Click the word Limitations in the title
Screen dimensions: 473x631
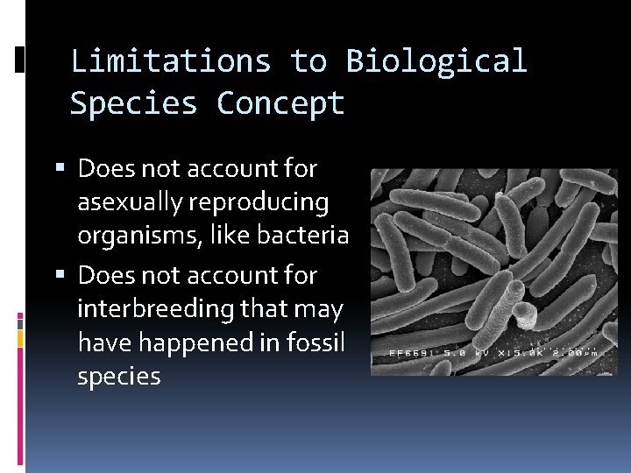pyautogui.click(x=170, y=61)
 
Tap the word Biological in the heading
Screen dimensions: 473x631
pyautogui.click(x=436, y=61)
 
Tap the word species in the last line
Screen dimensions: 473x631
pyautogui.click(x=119, y=377)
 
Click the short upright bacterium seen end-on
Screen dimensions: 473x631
pyautogui.click(x=525, y=314)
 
